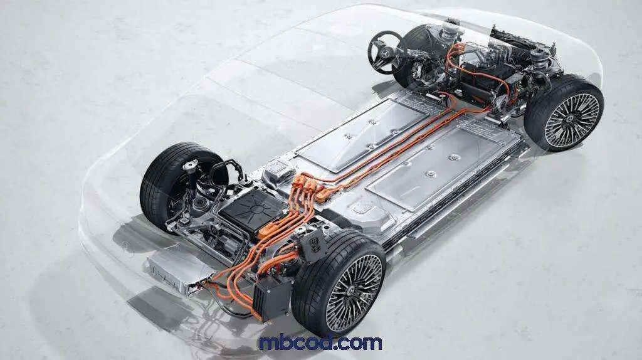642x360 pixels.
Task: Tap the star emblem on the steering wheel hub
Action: (x=384, y=52)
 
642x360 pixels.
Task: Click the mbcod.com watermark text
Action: (x=320, y=342)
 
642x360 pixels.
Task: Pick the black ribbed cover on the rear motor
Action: (x=250, y=210)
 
